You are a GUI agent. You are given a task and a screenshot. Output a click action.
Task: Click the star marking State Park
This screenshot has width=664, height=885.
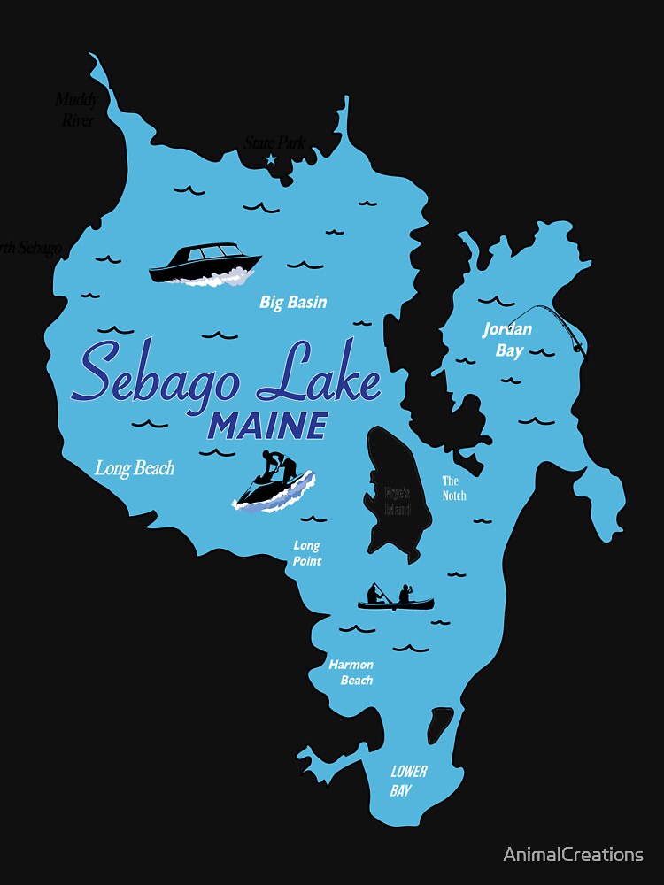point(271,159)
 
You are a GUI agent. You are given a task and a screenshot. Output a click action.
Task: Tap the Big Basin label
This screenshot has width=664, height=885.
point(293,303)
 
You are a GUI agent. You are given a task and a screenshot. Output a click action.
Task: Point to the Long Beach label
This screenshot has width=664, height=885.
point(135,468)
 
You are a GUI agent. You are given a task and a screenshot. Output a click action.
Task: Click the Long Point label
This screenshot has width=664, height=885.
point(307,554)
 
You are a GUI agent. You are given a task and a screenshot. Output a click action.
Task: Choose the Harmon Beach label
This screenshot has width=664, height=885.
point(351,673)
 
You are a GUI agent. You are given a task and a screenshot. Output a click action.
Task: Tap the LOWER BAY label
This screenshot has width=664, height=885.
point(408,781)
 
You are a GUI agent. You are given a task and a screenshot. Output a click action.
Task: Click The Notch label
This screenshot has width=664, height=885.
point(454,488)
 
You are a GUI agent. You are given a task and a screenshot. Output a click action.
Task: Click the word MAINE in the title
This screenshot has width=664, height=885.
point(266,427)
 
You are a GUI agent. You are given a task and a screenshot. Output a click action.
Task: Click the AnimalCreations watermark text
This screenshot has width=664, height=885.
point(573,854)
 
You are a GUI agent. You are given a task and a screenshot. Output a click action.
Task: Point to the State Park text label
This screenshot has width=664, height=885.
point(274,142)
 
